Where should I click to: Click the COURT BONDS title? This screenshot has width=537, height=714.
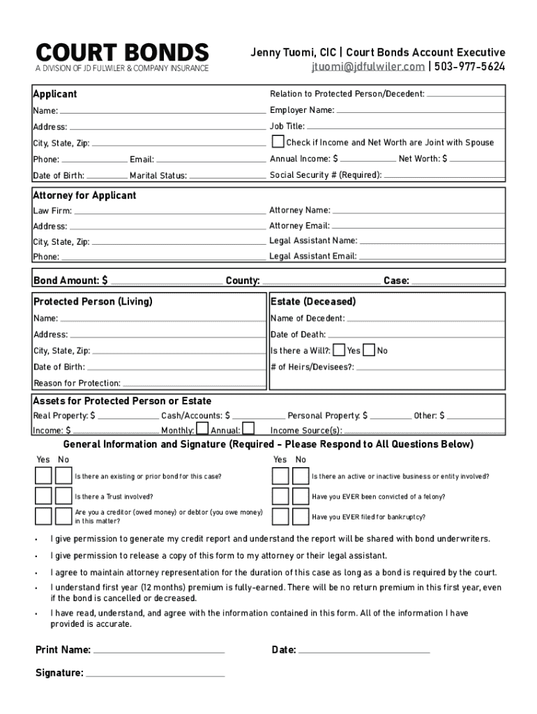(122, 53)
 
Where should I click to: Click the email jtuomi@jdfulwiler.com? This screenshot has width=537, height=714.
(368, 67)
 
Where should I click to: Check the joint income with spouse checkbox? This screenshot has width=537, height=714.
(277, 142)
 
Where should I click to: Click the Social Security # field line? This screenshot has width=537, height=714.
(444, 175)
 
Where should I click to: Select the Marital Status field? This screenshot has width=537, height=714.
(227, 176)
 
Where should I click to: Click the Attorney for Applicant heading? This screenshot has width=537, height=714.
(84, 196)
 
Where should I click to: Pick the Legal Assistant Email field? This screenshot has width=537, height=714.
(431, 256)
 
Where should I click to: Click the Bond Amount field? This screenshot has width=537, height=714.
(166, 281)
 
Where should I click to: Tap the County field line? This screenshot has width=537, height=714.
(321, 281)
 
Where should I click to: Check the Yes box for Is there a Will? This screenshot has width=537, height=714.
(339, 350)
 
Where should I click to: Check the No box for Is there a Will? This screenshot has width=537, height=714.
(369, 350)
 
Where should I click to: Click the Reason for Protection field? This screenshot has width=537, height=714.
(193, 383)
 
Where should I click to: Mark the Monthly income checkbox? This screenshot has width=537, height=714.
(202, 429)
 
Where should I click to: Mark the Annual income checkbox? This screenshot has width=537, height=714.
(248, 429)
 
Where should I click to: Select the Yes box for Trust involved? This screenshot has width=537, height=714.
(43, 496)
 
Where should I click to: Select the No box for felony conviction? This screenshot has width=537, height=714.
(301, 496)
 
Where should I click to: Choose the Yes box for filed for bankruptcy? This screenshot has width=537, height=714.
(280, 516)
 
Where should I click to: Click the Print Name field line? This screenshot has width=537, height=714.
(159, 651)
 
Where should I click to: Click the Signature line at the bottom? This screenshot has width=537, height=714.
(155, 674)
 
